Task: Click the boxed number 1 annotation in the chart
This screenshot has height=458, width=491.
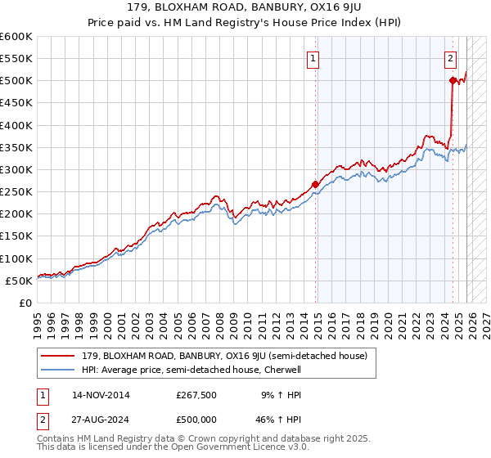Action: coord(314,58)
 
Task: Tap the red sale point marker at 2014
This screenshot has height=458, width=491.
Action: coord(316,184)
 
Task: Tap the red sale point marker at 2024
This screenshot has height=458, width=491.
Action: coord(453,80)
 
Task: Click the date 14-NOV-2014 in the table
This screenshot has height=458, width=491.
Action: coord(101,395)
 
